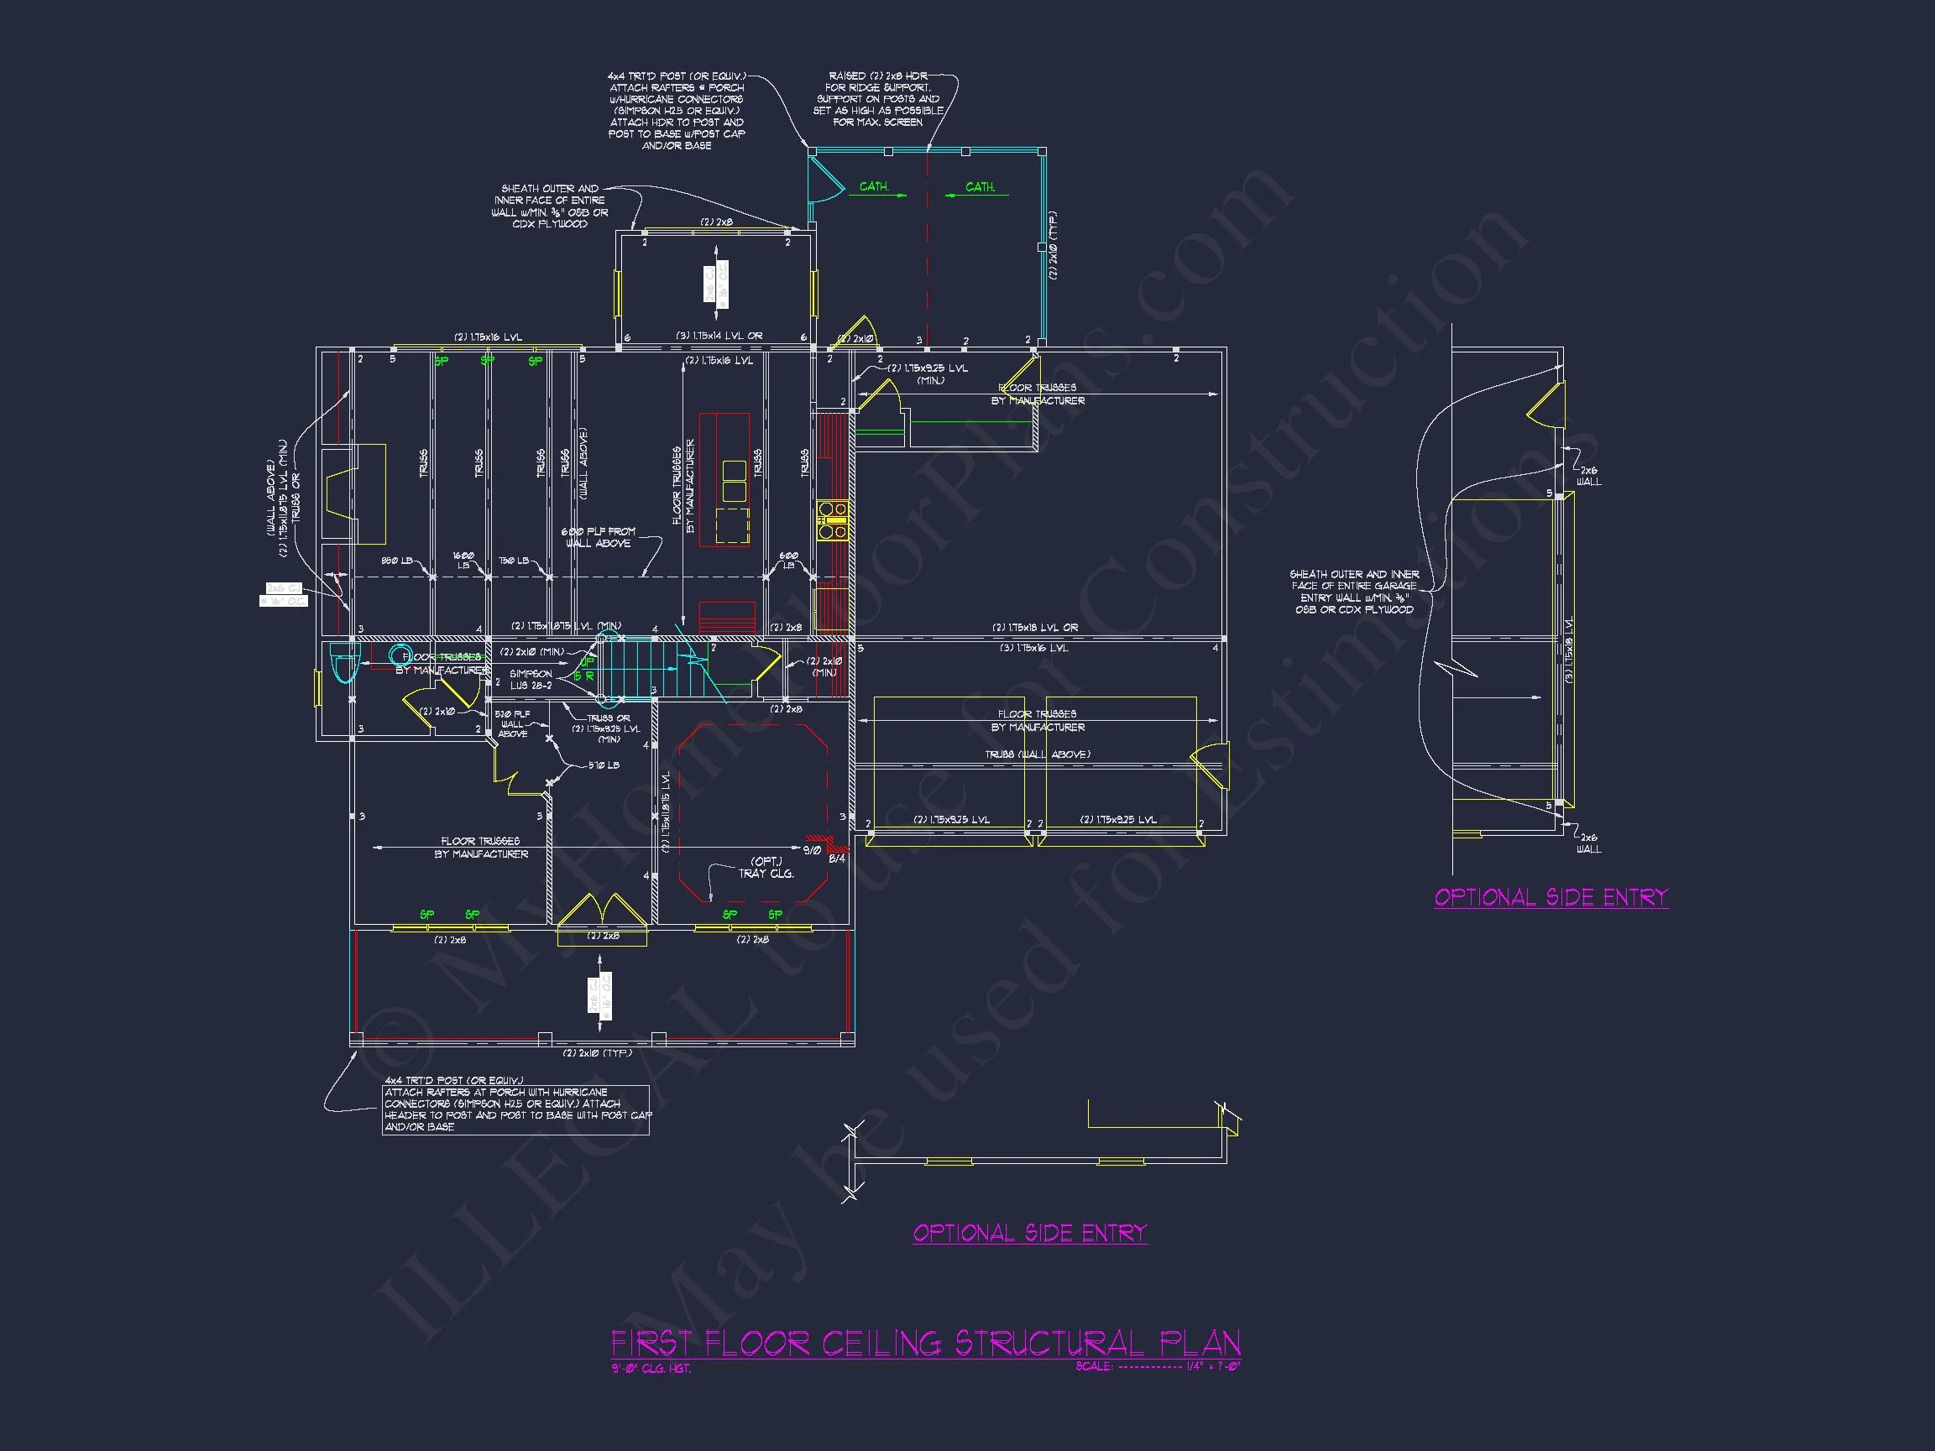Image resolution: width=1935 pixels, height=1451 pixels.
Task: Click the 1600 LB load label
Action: click(463, 560)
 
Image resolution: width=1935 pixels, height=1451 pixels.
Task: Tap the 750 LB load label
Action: click(514, 561)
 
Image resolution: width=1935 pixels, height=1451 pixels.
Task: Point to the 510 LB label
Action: click(603, 765)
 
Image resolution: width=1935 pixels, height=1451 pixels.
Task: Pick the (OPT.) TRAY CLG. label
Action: click(766, 867)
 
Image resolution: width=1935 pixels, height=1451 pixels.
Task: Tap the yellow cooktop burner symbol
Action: click(832, 519)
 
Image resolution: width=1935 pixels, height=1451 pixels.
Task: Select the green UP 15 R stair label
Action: click(585, 669)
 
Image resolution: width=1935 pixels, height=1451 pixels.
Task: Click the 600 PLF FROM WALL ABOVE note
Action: click(599, 537)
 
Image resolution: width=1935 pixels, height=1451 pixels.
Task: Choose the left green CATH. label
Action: click(874, 186)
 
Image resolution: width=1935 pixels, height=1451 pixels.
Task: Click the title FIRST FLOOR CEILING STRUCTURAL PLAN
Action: click(924, 1343)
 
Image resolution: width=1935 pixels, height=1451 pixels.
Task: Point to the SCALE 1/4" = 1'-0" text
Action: click(1158, 1366)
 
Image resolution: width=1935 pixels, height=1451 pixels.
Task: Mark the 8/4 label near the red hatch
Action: click(836, 859)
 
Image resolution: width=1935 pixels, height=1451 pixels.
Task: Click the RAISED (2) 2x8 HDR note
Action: click(877, 99)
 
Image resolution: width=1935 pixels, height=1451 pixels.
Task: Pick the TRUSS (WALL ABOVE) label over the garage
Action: click(1038, 754)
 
